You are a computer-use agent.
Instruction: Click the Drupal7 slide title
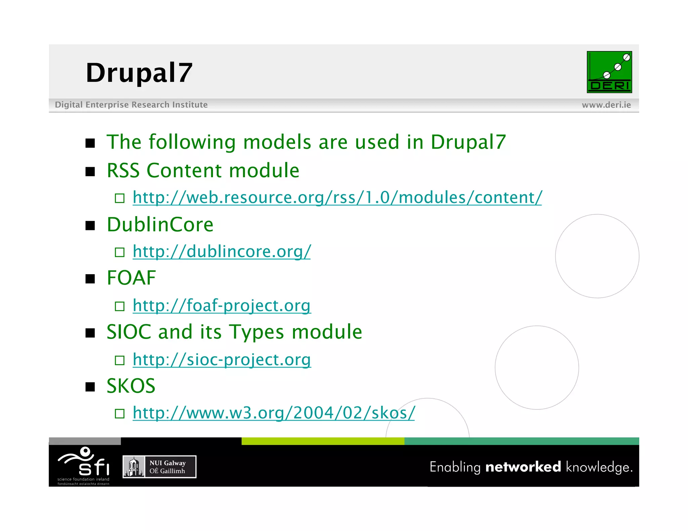(139, 73)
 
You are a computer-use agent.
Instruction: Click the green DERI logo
(609, 72)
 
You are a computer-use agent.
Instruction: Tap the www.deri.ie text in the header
(606, 105)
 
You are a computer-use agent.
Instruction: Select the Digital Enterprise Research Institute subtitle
(131, 105)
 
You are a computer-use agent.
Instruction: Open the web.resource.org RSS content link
(337, 197)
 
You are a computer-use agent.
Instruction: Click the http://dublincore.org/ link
(222, 251)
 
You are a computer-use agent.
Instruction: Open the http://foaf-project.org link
(222, 305)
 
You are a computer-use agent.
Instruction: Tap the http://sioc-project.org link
(222, 359)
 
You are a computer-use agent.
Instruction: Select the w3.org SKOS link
(274, 413)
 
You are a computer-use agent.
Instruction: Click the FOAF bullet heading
(131, 278)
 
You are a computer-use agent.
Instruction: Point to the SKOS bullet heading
(131, 386)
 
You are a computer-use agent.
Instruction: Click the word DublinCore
(160, 225)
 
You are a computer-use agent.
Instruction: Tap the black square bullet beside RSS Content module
(90, 172)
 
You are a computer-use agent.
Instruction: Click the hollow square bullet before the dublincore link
(120, 252)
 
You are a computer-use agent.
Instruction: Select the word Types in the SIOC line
(257, 332)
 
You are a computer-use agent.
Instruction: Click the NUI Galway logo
(159, 467)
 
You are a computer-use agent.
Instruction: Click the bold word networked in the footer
(523, 467)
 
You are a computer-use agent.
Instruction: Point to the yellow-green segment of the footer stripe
(322, 441)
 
